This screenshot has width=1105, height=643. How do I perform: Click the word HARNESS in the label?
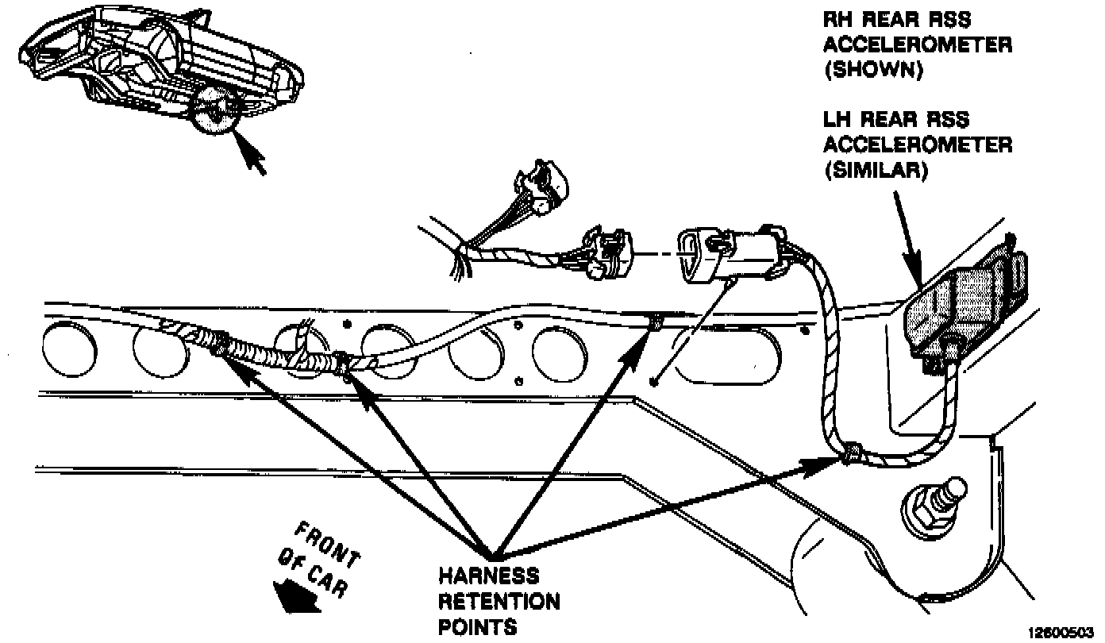[x=488, y=574]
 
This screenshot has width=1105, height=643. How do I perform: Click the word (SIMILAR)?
[x=876, y=171]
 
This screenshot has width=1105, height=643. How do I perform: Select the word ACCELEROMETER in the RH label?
[x=918, y=44]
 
